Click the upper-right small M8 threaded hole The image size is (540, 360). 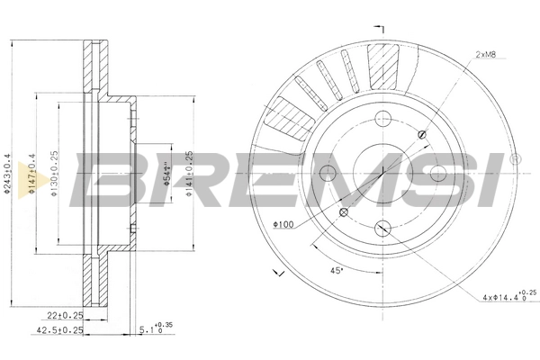pos(422,132)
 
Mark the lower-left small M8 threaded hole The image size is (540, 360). pos(343,212)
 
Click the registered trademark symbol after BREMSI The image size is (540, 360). pos(514,159)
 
